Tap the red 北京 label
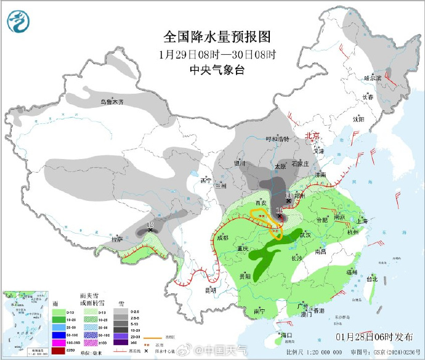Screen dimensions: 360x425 coord(314,136)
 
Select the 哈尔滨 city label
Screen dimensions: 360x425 coord(373,78)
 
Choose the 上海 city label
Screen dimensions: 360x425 coord(361,221)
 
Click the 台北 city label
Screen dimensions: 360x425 coord(372,279)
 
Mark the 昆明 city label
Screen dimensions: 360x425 coord(211,289)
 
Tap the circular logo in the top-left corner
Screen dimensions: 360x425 coord(19,22)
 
